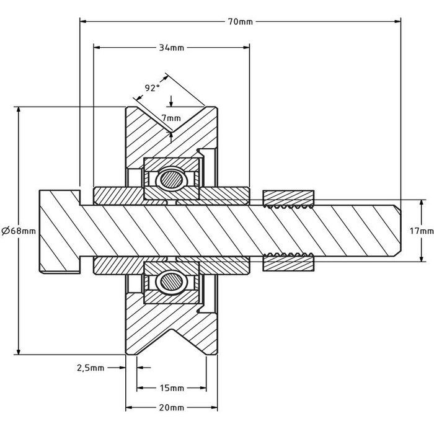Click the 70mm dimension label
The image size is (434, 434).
pos(241,22)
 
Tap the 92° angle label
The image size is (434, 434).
pos(152,88)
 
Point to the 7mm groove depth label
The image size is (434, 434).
pos(171,118)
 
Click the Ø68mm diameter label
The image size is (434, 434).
pos(19,230)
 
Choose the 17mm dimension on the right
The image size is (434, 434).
pos(422,231)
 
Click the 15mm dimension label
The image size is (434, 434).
pos(172,389)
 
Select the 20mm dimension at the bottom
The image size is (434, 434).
pos(172,407)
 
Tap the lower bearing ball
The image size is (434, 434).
pos(170,282)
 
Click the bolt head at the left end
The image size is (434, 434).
pos(60,231)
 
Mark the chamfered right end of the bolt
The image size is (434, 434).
pos(397,231)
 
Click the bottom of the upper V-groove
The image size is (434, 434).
pos(170,131)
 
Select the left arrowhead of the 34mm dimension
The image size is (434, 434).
pos(97,47)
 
